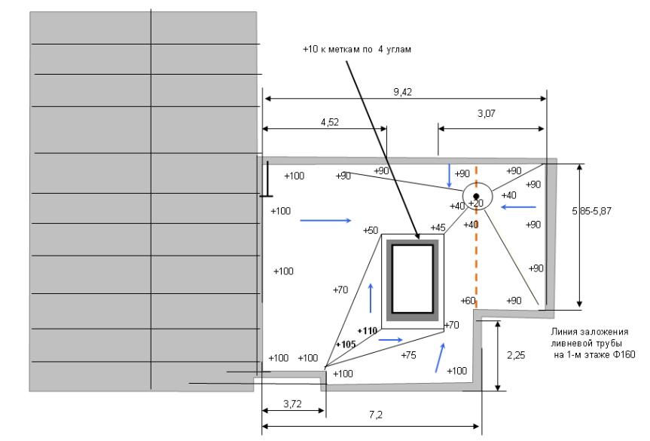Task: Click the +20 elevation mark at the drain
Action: (475, 204)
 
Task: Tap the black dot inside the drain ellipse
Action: (476, 196)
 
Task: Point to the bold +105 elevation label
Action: (346, 344)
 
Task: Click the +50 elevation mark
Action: (370, 230)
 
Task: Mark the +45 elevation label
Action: (438, 228)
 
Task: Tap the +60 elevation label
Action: (467, 300)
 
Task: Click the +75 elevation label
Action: (408, 355)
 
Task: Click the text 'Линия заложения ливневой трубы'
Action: (590, 338)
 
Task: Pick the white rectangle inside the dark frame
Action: (410, 278)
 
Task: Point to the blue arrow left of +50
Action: (325, 221)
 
